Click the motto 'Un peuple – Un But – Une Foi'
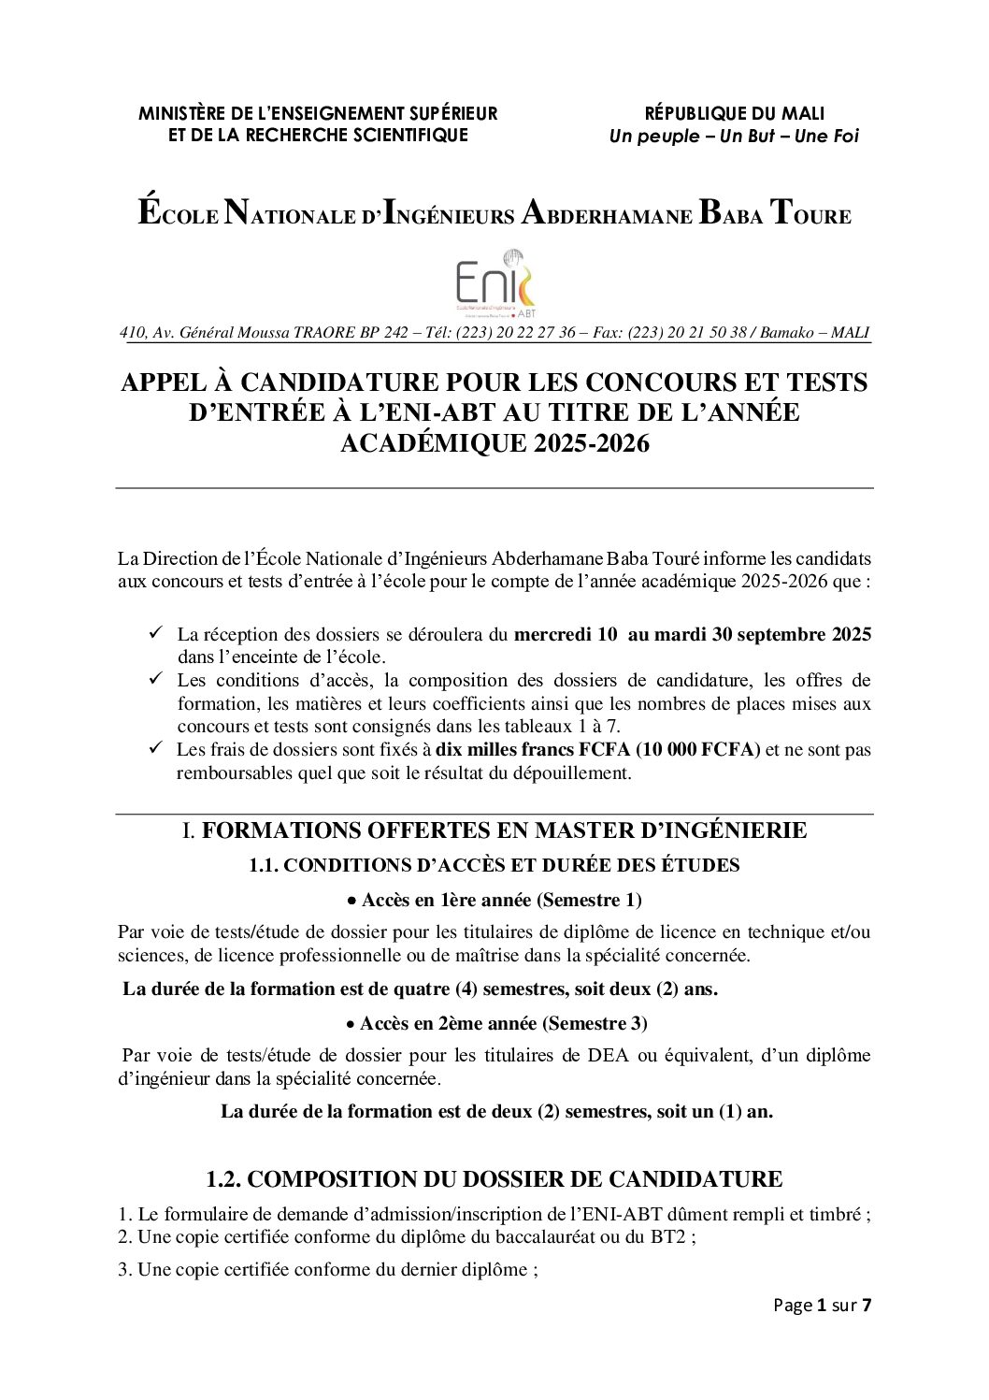pyautogui.click(x=733, y=137)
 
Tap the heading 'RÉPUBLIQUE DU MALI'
pyautogui.click(x=734, y=114)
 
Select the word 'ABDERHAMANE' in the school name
pyautogui.click(x=606, y=213)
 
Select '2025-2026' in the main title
pyautogui.click(x=591, y=443)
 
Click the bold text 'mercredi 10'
pyautogui.click(x=566, y=635)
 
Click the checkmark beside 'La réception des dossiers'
pyautogui.click(x=157, y=634)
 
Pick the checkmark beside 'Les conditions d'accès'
pyautogui.click(x=157, y=680)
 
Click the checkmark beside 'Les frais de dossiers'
pyautogui.click(x=157, y=749)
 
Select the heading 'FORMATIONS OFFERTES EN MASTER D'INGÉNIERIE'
pyautogui.click(x=504, y=830)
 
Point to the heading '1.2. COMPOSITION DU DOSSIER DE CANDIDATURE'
pyautogui.click(x=494, y=1179)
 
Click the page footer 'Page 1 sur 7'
pyautogui.click(x=822, y=1306)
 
